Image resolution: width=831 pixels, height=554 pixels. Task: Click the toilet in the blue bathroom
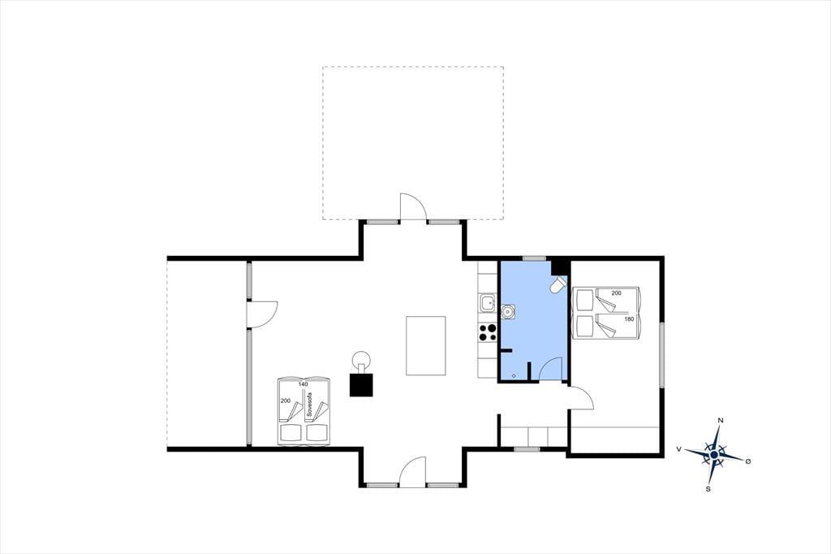click(558, 285)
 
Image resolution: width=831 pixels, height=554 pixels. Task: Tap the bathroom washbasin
click(508, 312)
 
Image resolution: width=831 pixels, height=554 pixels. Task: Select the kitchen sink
click(488, 304)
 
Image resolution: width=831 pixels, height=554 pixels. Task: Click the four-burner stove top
click(488, 331)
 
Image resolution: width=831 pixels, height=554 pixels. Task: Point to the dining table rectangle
click(425, 345)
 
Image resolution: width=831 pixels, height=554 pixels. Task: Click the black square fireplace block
click(361, 385)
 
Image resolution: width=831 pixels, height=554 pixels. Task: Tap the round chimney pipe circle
click(362, 359)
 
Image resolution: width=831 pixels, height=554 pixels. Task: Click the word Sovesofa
click(309, 403)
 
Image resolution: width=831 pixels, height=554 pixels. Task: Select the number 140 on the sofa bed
click(304, 383)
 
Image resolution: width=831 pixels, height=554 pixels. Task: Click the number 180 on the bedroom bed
click(629, 319)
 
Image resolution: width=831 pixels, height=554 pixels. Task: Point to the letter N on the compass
click(721, 420)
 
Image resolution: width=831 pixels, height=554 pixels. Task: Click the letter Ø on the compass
click(747, 461)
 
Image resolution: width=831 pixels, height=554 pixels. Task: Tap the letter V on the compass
click(679, 449)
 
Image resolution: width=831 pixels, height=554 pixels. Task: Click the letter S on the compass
click(708, 489)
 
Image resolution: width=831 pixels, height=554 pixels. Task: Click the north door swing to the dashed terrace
click(413, 206)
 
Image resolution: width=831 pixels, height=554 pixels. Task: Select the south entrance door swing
click(412, 472)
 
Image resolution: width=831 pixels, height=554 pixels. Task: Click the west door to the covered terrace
click(262, 315)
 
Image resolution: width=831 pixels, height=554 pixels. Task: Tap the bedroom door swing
click(581, 398)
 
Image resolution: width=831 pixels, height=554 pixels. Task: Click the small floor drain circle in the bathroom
click(513, 375)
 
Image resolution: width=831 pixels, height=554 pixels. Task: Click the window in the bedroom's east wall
click(662, 354)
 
